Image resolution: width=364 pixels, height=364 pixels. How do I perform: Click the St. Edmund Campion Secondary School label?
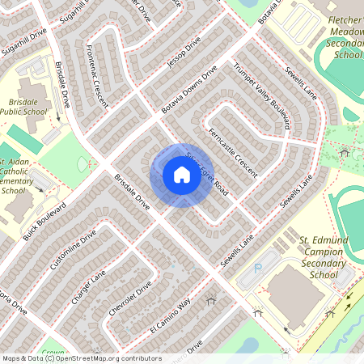pyautogui.click(x=307, y=256)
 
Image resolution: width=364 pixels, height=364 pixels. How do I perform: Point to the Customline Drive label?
pyautogui.click(x=73, y=250)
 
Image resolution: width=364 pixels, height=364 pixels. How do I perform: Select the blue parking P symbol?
pyautogui.click(x=258, y=268)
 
